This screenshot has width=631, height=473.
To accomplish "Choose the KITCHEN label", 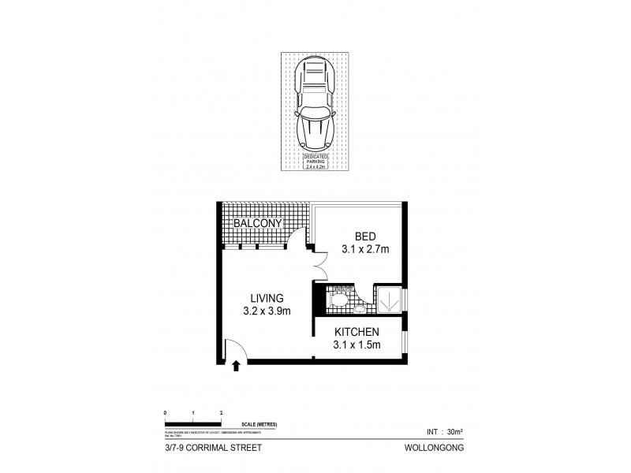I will click(x=356, y=331).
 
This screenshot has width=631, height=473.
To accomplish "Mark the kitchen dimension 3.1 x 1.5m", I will click(x=356, y=345).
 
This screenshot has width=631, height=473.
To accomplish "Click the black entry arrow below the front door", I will click(x=236, y=364).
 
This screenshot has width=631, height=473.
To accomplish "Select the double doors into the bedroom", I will click(x=319, y=264).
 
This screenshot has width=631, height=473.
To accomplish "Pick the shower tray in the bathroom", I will click(x=388, y=300).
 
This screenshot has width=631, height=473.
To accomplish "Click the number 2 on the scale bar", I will click(x=221, y=412).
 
